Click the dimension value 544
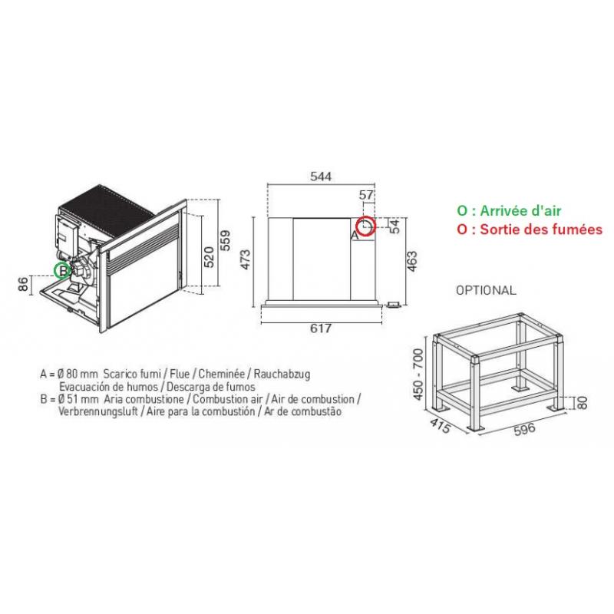pyautogui.click(x=321, y=177)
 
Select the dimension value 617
pyautogui.click(x=321, y=328)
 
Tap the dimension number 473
pyautogui.click(x=246, y=259)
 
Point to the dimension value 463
pyautogui.click(x=412, y=261)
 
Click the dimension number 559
pyautogui.click(x=225, y=240)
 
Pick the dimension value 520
pyautogui.click(x=210, y=257)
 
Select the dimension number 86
pyautogui.click(x=24, y=284)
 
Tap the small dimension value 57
pyautogui.click(x=366, y=195)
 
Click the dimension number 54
pyautogui.click(x=395, y=226)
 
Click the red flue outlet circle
pyautogui.click(x=366, y=217)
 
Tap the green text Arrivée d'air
pyautogui.click(x=520, y=210)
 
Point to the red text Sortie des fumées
pyautogui.click(x=541, y=229)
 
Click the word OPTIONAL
pyautogui.click(x=486, y=290)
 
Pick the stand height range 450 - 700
pyautogui.click(x=418, y=375)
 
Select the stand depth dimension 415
pyautogui.click(x=440, y=426)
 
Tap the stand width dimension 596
pyautogui.click(x=524, y=429)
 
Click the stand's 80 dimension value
pyautogui.click(x=583, y=402)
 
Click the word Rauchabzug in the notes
pyautogui.click(x=282, y=374)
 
